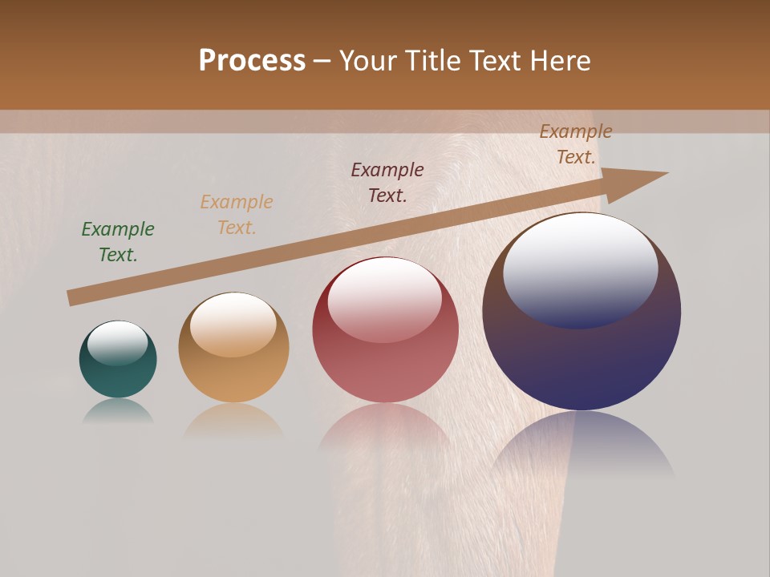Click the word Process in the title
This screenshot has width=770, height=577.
click(x=252, y=61)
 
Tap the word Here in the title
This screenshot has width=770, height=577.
click(x=560, y=61)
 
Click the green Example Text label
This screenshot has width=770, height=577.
click(x=118, y=241)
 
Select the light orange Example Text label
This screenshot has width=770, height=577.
click(x=237, y=214)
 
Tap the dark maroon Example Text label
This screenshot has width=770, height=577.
click(x=387, y=182)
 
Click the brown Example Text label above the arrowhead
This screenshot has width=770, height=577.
click(x=576, y=144)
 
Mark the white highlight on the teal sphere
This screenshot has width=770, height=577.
click(x=117, y=343)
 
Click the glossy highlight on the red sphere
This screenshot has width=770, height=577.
click(x=384, y=299)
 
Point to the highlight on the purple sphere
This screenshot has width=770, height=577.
click(x=581, y=268)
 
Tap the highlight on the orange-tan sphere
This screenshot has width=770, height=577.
click(x=233, y=324)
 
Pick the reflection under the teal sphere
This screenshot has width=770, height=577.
click(x=118, y=410)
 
